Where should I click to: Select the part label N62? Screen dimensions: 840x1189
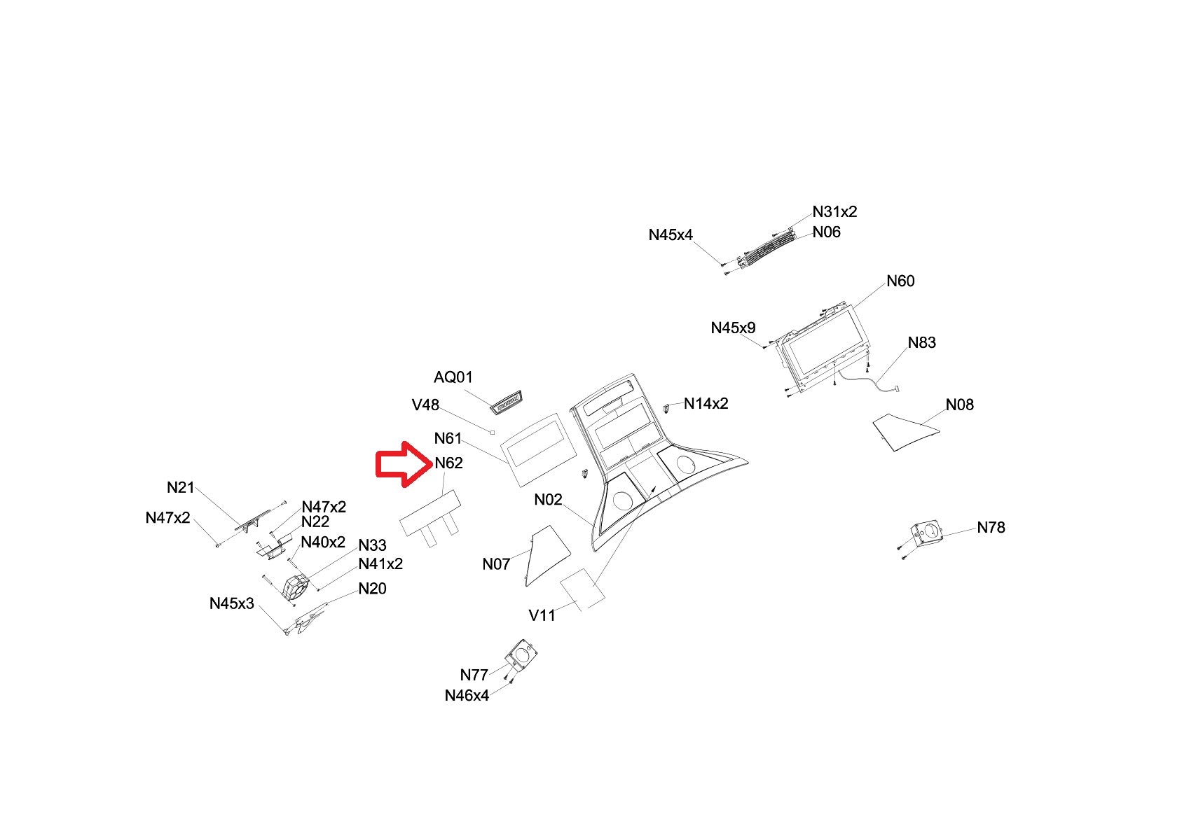tap(448, 463)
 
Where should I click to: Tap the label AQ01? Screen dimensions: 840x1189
tap(453, 377)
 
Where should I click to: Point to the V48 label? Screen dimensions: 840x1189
tap(425, 405)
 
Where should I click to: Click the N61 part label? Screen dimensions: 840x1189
tap(448, 439)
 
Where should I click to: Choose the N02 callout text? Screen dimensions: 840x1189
tap(548, 500)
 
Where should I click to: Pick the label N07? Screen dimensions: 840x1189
tap(496, 564)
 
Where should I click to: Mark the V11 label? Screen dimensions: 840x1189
tap(542, 616)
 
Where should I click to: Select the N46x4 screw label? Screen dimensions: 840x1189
tap(467, 696)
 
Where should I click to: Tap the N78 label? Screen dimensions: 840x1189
tap(991, 528)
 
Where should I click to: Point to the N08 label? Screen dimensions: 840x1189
tap(959, 405)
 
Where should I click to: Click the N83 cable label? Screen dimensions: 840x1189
tap(921, 343)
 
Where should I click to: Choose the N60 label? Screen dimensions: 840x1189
tap(900, 281)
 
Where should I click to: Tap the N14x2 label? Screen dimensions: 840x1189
tap(706, 404)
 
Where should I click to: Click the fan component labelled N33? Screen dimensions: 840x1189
tap(296, 587)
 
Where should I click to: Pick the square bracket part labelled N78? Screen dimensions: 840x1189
tap(926, 534)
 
